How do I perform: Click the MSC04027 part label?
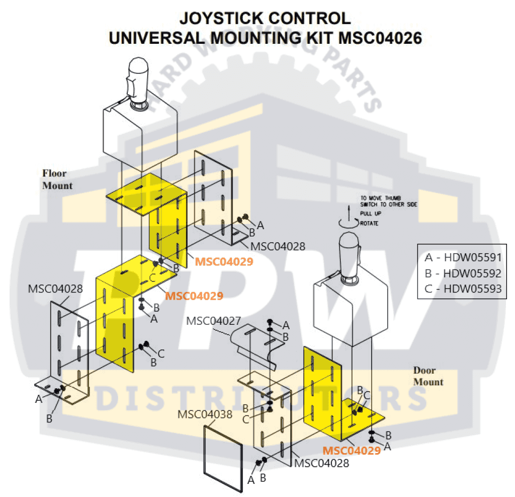[x=213, y=321]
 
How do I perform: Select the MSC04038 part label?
[x=205, y=414]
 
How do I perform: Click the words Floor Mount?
[x=57, y=179]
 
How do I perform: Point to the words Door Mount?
[x=428, y=376]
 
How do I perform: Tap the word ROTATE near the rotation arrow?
[x=369, y=223]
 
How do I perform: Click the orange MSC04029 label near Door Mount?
[x=352, y=451]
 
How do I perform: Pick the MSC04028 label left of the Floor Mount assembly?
[x=55, y=289]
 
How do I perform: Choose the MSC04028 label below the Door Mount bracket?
[x=322, y=463]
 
